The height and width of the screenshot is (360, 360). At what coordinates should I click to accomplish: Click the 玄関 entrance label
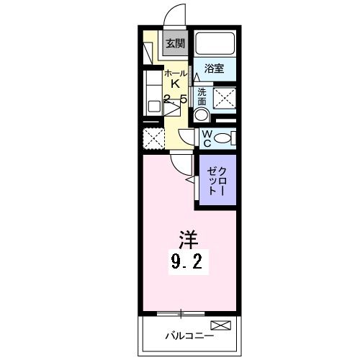175,43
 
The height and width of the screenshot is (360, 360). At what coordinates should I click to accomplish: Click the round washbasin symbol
202,114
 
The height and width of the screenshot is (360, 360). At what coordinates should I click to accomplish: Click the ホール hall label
175,73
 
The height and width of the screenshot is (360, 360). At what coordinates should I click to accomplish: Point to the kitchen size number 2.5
176,99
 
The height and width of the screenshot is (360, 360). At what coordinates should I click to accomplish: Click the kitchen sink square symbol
154,105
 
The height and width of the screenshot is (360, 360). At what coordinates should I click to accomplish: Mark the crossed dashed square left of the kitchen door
153,136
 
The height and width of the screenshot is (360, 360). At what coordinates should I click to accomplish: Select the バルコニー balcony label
186,336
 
